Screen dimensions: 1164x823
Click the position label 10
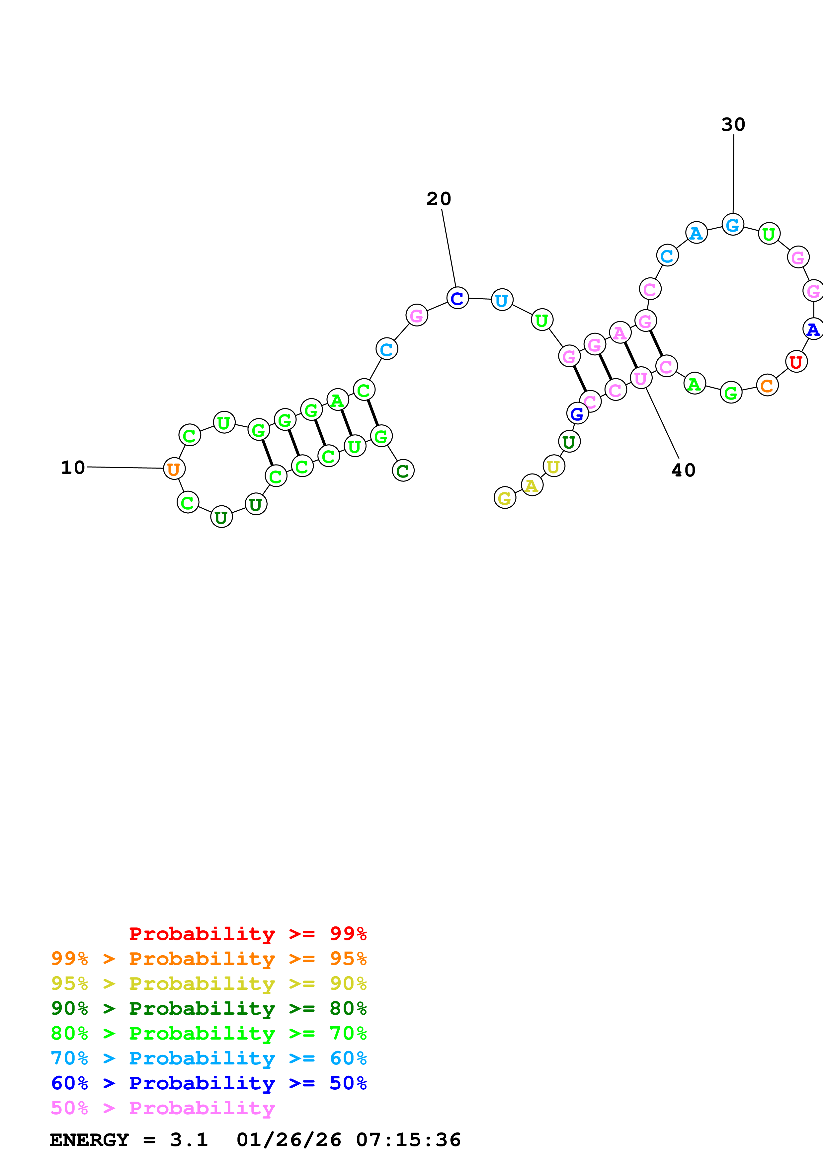(x=73, y=468)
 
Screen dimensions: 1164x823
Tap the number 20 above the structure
(x=439, y=199)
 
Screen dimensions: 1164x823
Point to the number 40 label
(x=683, y=470)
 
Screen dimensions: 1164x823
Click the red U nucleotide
(x=796, y=362)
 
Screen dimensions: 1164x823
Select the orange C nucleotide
(x=767, y=385)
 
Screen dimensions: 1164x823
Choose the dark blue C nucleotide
(x=457, y=298)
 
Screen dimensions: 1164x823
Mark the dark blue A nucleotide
(x=813, y=329)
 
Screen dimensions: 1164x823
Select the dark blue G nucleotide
(x=577, y=414)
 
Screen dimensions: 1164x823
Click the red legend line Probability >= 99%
(x=247, y=933)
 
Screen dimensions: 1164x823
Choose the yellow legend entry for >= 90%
(x=208, y=983)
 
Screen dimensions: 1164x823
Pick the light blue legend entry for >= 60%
(x=208, y=1058)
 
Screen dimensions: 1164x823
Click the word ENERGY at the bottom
(x=89, y=1140)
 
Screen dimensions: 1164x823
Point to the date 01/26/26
(x=288, y=1140)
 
